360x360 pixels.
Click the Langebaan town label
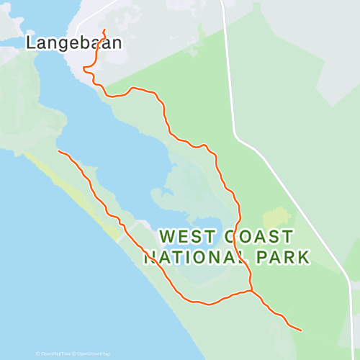pos(73,42)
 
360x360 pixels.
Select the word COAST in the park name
pos(259,237)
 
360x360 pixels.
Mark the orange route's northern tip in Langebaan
pos(105,30)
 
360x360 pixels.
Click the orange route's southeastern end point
pos(301,330)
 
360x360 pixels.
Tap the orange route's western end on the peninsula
pos(58,151)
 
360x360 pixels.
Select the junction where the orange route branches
pos(251,291)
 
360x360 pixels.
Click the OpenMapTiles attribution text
pos(55,354)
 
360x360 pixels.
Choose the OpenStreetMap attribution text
pos(93,354)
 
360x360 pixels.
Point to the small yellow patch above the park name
pos(276,219)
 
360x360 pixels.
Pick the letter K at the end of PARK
pos(304,257)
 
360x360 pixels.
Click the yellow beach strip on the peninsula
pos(72,191)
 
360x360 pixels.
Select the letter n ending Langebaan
pos(116,43)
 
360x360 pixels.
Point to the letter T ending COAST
pos(287,237)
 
